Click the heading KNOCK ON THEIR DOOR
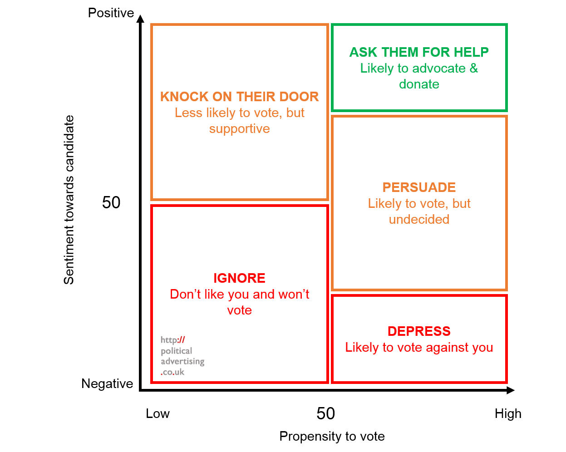[239, 97]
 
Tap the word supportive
[239, 129]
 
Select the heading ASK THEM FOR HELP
[418, 52]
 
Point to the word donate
[419, 84]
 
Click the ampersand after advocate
[473, 69]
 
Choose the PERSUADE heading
[419, 187]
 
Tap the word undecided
[419, 220]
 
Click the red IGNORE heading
[239, 278]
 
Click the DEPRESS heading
[419, 331]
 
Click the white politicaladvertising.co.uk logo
[182, 355]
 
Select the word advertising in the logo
[182, 362]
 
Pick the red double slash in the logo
[182, 340]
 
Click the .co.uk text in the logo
[173, 372]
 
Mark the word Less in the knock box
[188, 113]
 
